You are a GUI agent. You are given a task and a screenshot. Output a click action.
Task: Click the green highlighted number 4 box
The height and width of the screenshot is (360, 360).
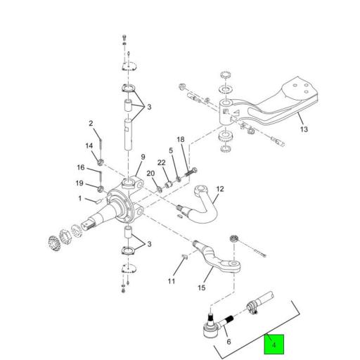tap(275, 345)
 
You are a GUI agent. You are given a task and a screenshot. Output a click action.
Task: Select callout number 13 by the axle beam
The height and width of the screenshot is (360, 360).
tap(304, 130)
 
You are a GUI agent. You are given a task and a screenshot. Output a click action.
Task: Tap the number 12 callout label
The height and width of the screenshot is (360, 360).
tap(219, 189)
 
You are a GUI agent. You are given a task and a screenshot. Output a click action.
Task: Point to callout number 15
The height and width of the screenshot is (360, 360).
tap(202, 287)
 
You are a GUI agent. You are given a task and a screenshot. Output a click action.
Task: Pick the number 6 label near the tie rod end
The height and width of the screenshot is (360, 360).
tap(228, 341)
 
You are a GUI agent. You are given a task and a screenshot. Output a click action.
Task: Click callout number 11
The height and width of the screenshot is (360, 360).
tap(171, 281)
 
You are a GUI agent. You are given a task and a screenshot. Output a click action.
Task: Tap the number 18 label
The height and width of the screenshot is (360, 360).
tap(181, 140)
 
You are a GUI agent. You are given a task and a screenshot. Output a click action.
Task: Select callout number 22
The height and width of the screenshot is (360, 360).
tap(160, 163)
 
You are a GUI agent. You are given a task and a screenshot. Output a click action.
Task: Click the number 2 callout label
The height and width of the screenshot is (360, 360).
tap(91, 124)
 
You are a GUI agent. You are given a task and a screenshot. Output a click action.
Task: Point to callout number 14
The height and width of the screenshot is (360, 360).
tap(89, 146)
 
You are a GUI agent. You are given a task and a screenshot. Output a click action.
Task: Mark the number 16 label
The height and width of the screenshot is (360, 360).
tap(81, 168)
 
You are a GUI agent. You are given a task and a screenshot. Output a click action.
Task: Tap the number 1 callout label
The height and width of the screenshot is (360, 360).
tap(80, 199)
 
